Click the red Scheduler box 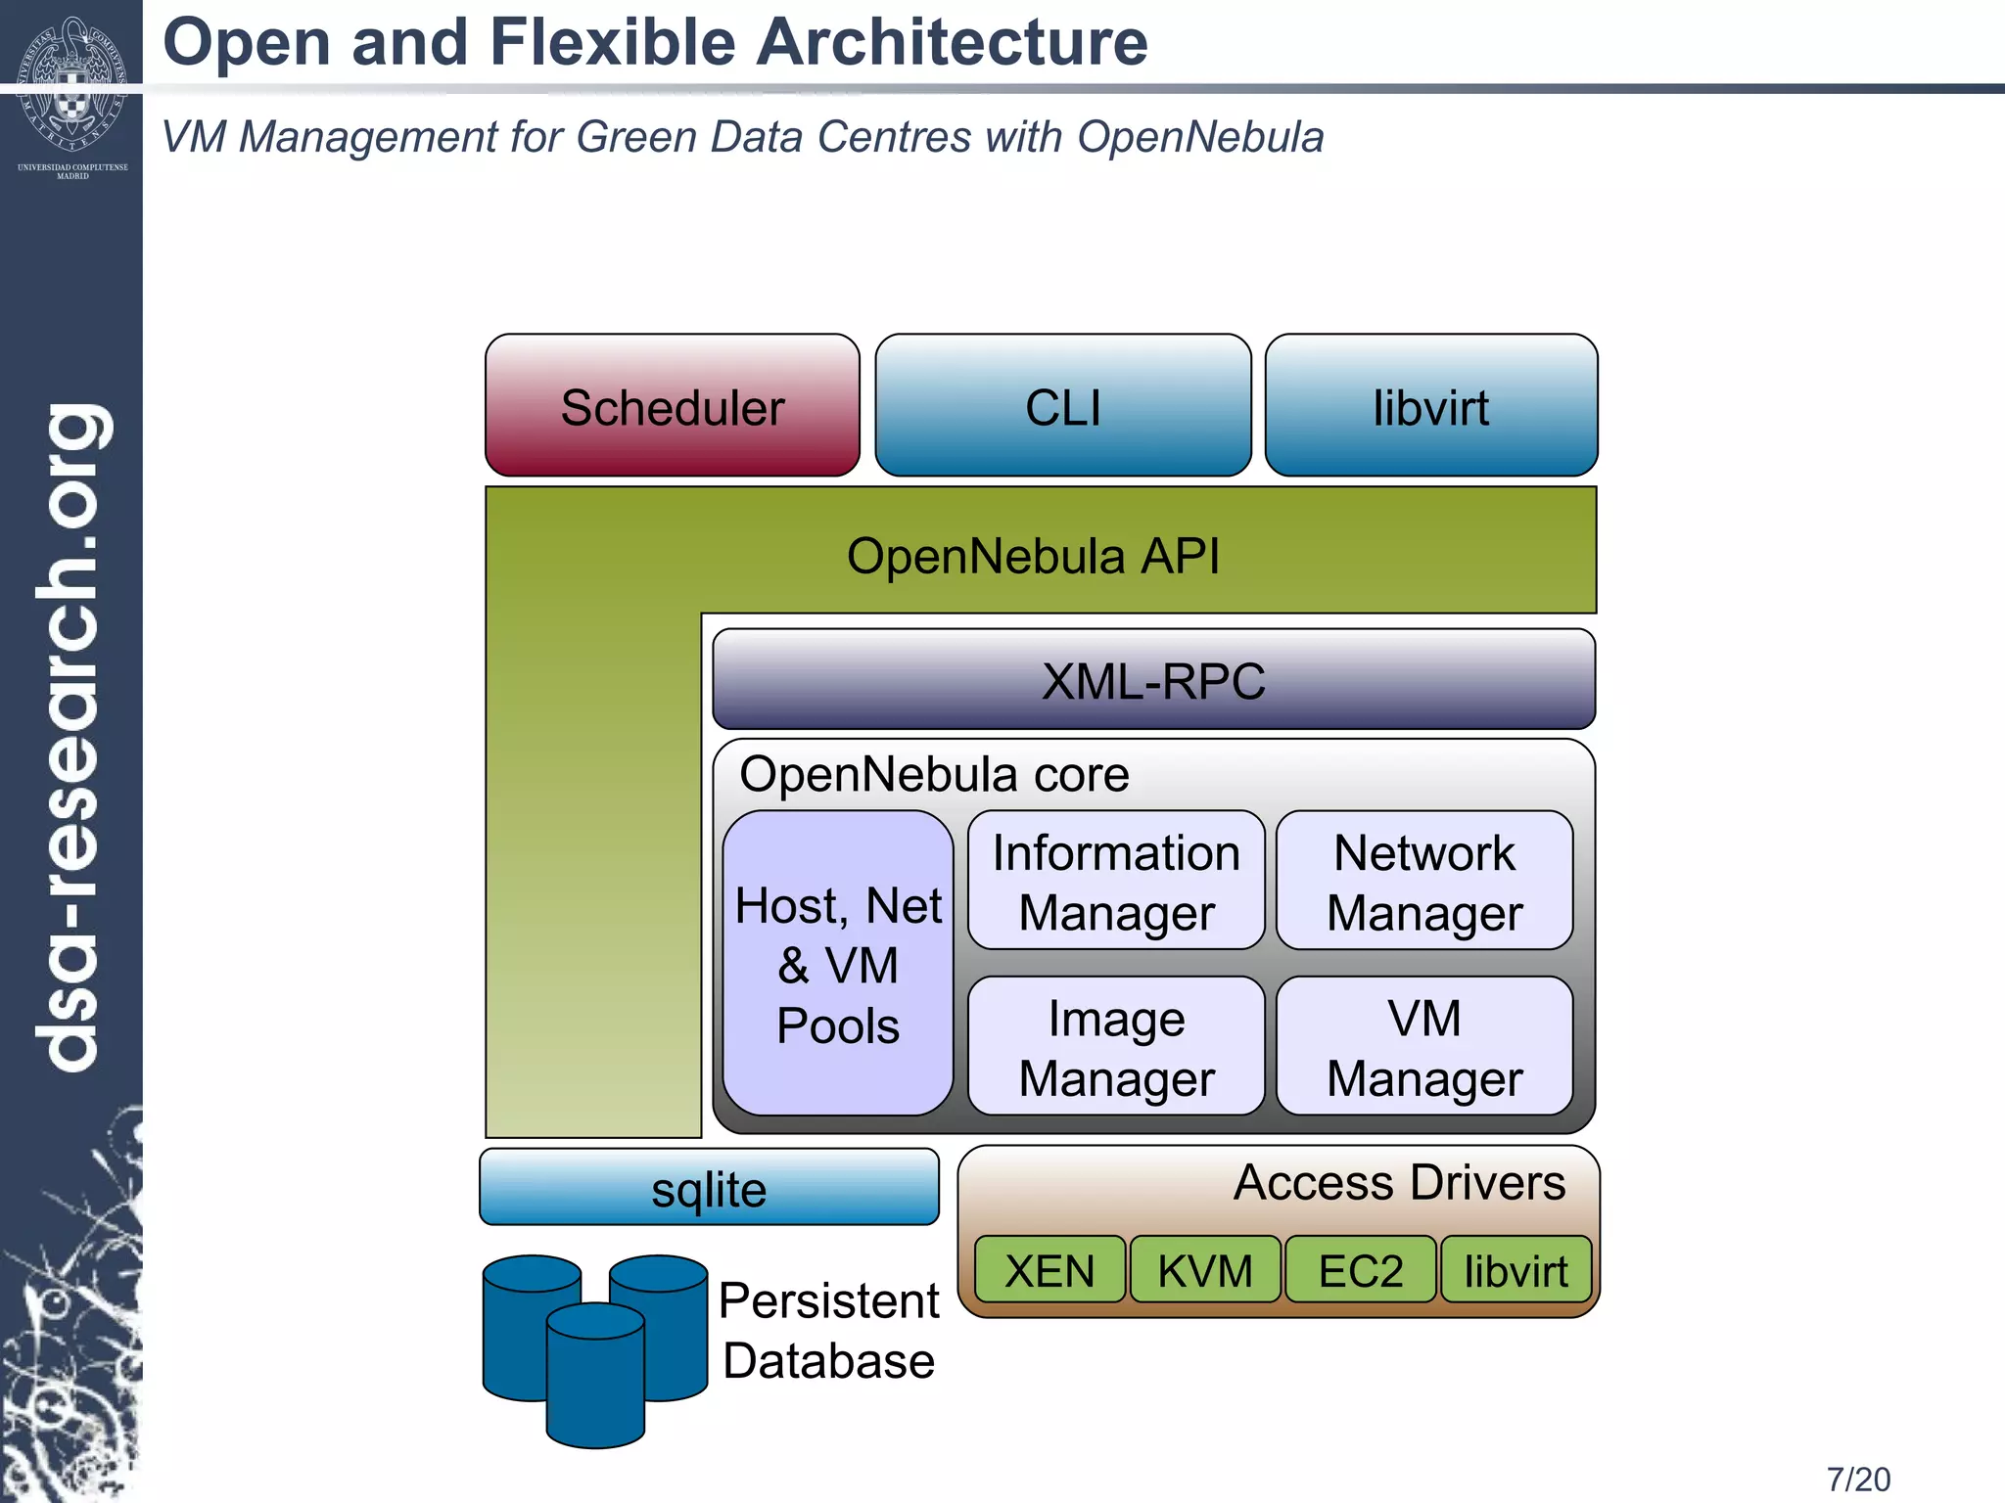pos(673,406)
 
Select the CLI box pos(1062,406)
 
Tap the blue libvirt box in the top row pos(1430,406)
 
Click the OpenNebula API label pos(1033,556)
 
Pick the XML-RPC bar pos(1153,680)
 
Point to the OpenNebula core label pos(934,774)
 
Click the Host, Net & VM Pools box pos(838,964)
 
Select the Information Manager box pos(1116,881)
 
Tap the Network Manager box pos(1424,881)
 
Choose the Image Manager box pos(1116,1047)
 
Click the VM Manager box pos(1424,1047)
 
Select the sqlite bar pos(709,1188)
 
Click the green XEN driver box pos(1049,1270)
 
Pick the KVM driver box pos(1205,1270)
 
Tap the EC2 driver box pos(1360,1270)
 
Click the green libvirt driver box pos(1515,1270)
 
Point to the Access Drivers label pos(1399,1182)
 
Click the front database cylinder pos(595,1380)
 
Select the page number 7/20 pos(1858,1479)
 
